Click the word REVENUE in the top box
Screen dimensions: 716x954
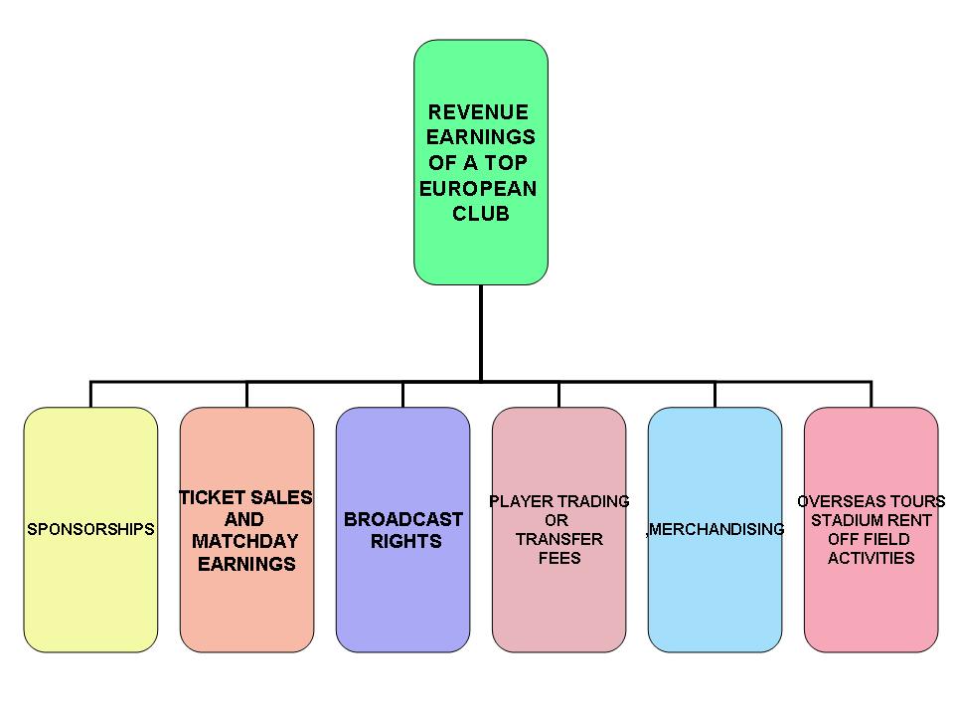coord(477,112)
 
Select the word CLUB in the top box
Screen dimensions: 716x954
coord(481,214)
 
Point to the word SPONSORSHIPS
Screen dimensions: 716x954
coord(90,529)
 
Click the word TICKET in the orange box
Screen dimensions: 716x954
coord(212,497)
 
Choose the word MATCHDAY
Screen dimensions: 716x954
coord(244,542)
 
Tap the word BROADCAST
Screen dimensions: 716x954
coord(403,519)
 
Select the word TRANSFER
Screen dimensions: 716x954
coord(558,539)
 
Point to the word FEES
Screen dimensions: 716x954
coord(559,558)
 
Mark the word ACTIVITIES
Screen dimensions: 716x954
coord(871,558)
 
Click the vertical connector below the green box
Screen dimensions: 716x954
coord(481,332)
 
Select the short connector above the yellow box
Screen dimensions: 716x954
coord(90,394)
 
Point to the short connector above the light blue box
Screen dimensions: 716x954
coord(715,394)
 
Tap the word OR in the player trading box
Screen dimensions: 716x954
coord(557,520)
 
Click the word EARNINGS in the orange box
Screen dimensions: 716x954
coord(246,564)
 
